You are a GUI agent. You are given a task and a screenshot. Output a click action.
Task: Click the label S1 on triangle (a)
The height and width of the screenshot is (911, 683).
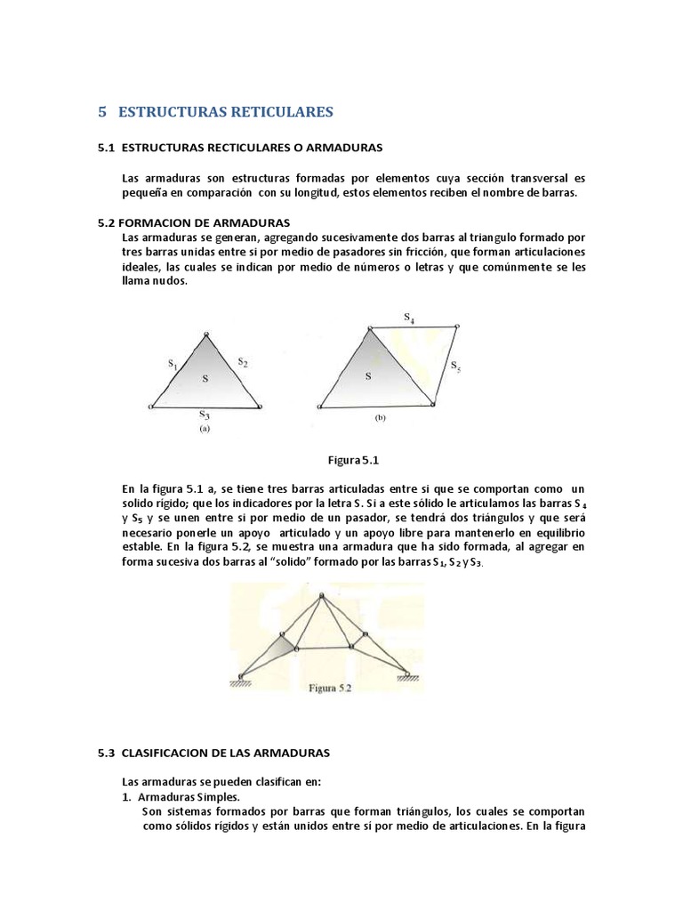point(173,364)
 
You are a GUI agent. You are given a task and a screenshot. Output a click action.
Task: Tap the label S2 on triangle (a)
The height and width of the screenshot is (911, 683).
point(242,362)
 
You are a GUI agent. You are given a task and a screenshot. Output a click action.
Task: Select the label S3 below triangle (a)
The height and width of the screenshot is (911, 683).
point(204,415)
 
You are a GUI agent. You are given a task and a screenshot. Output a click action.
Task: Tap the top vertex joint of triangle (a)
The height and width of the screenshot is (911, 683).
point(206,335)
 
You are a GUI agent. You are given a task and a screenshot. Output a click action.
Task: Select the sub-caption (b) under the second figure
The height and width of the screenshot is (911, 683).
point(381,416)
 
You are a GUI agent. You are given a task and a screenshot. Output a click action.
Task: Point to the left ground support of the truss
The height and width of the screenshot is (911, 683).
point(239,680)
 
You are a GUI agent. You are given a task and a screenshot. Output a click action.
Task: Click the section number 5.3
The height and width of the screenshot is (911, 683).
point(107,753)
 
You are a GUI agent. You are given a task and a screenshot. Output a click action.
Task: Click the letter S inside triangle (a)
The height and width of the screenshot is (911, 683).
point(205,379)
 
